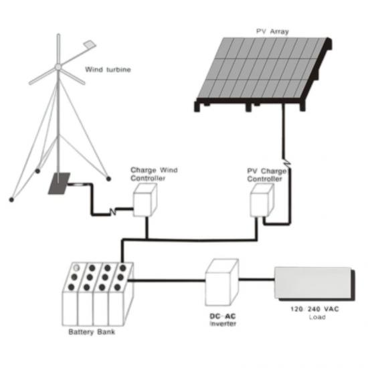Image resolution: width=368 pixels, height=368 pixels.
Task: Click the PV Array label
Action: [x=272, y=31]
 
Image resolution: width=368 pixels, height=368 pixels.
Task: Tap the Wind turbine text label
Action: [x=108, y=70]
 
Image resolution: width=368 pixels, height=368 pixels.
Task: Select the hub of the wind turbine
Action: [x=58, y=67]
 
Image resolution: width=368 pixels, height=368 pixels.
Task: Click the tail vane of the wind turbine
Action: [x=90, y=43]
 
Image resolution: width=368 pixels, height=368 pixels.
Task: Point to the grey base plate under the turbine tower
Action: [x=59, y=183]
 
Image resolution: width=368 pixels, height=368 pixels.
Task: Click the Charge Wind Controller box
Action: [x=145, y=200]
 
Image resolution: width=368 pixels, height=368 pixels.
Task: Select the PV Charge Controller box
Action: [x=262, y=200]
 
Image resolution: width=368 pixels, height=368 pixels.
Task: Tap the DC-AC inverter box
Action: [x=221, y=282]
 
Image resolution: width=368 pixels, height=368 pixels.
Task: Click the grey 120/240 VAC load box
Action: [x=314, y=284]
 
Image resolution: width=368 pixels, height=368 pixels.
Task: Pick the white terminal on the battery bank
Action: [x=76, y=268]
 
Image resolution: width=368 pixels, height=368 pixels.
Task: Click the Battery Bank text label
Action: [x=92, y=332]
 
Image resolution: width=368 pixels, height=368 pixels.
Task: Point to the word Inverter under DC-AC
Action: [x=223, y=324]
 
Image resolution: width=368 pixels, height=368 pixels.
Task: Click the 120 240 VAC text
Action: [x=314, y=309]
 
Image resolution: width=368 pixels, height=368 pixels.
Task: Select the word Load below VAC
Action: [x=317, y=317]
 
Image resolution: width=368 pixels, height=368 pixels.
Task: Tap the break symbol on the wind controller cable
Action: [x=113, y=211]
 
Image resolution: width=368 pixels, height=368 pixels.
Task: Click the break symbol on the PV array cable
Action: [x=287, y=162]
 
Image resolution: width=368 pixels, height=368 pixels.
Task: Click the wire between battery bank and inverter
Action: [x=167, y=280]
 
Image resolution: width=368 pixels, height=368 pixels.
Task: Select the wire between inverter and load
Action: [x=256, y=279]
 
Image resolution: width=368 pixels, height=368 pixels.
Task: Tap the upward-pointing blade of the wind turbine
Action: [x=58, y=49]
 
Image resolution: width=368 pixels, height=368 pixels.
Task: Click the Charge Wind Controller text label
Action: [x=154, y=174]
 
